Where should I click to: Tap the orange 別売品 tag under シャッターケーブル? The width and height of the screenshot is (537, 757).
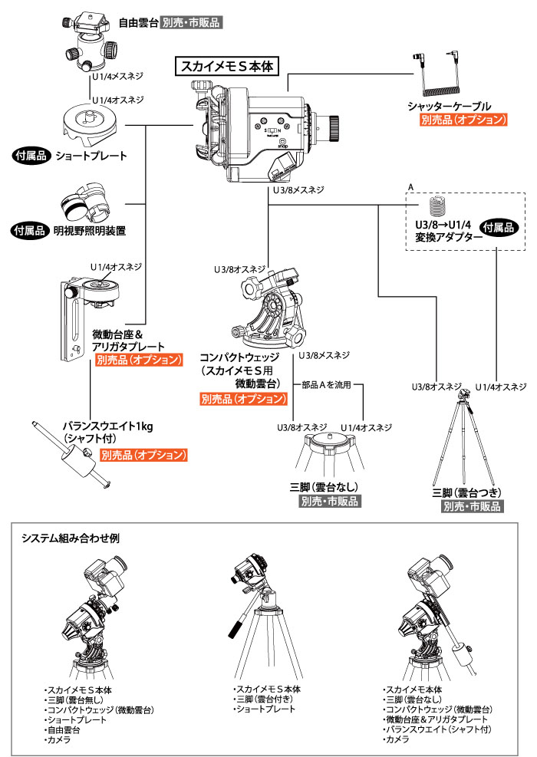tap(464, 120)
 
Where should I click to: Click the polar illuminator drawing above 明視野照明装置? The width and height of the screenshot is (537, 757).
tap(87, 203)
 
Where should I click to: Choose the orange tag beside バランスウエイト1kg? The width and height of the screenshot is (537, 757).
tap(143, 455)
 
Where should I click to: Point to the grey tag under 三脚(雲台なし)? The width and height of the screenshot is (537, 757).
tap(328, 502)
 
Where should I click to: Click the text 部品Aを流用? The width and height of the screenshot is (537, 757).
tap(326, 386)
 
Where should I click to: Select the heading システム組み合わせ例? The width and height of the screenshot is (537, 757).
tap(71, 538)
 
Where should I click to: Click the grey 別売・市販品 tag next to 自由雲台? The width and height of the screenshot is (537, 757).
tap(191, 23)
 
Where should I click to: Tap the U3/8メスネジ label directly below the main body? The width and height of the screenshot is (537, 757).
tap(298, 189)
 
